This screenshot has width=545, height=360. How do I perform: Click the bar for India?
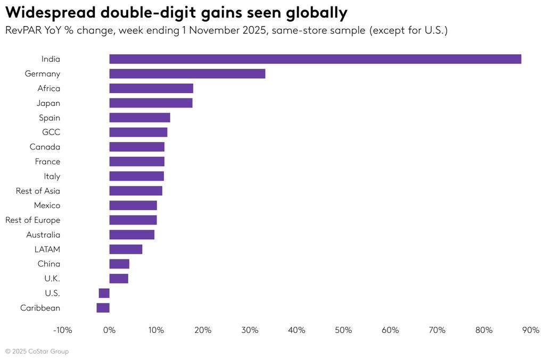coord(315,59)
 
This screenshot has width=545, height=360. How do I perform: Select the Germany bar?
coord(187,74)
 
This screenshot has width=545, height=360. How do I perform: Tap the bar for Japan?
coord(151,103)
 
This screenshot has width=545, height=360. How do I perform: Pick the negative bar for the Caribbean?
coord(103,308)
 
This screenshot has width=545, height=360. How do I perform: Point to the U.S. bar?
coord(104,293)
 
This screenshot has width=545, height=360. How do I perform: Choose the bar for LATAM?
coord(126,249)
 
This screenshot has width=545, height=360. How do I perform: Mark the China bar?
coord(119,264)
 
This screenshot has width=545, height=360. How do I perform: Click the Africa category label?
coord(48,88)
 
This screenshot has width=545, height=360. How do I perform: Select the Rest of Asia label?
coord(38,191)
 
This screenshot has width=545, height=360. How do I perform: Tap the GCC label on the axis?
coord(51,132)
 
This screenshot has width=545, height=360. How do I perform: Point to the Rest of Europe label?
coord(32,220)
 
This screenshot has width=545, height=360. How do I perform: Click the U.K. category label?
coord(52,279)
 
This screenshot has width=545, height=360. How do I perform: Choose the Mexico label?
coord(47,205)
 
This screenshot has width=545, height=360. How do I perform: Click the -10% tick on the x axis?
coord(62,330)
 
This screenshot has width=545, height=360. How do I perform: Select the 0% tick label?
coord(109,330)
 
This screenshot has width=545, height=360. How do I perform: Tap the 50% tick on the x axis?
coord(343,330)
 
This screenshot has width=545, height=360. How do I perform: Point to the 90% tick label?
coord(531,330)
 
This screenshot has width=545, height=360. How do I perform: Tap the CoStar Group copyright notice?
coord(37,351)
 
